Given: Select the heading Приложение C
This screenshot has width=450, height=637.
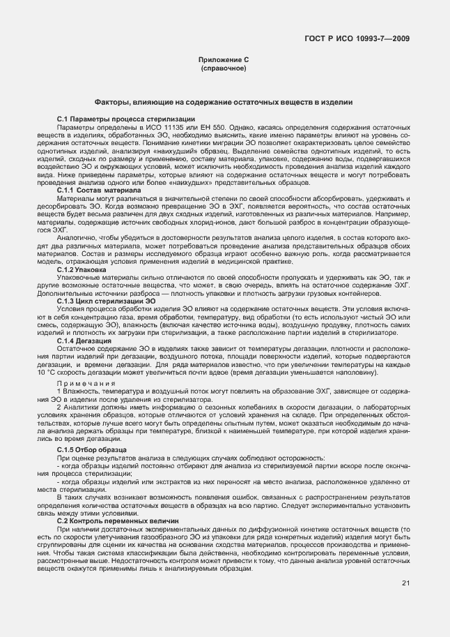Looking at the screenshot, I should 224,61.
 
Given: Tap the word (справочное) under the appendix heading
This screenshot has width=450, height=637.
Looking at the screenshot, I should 224,70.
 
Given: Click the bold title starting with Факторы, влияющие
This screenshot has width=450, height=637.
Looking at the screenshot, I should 224,102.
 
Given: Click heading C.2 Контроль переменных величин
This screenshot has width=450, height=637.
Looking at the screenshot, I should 118,521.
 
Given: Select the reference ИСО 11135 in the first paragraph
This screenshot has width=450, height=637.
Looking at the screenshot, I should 164,128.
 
